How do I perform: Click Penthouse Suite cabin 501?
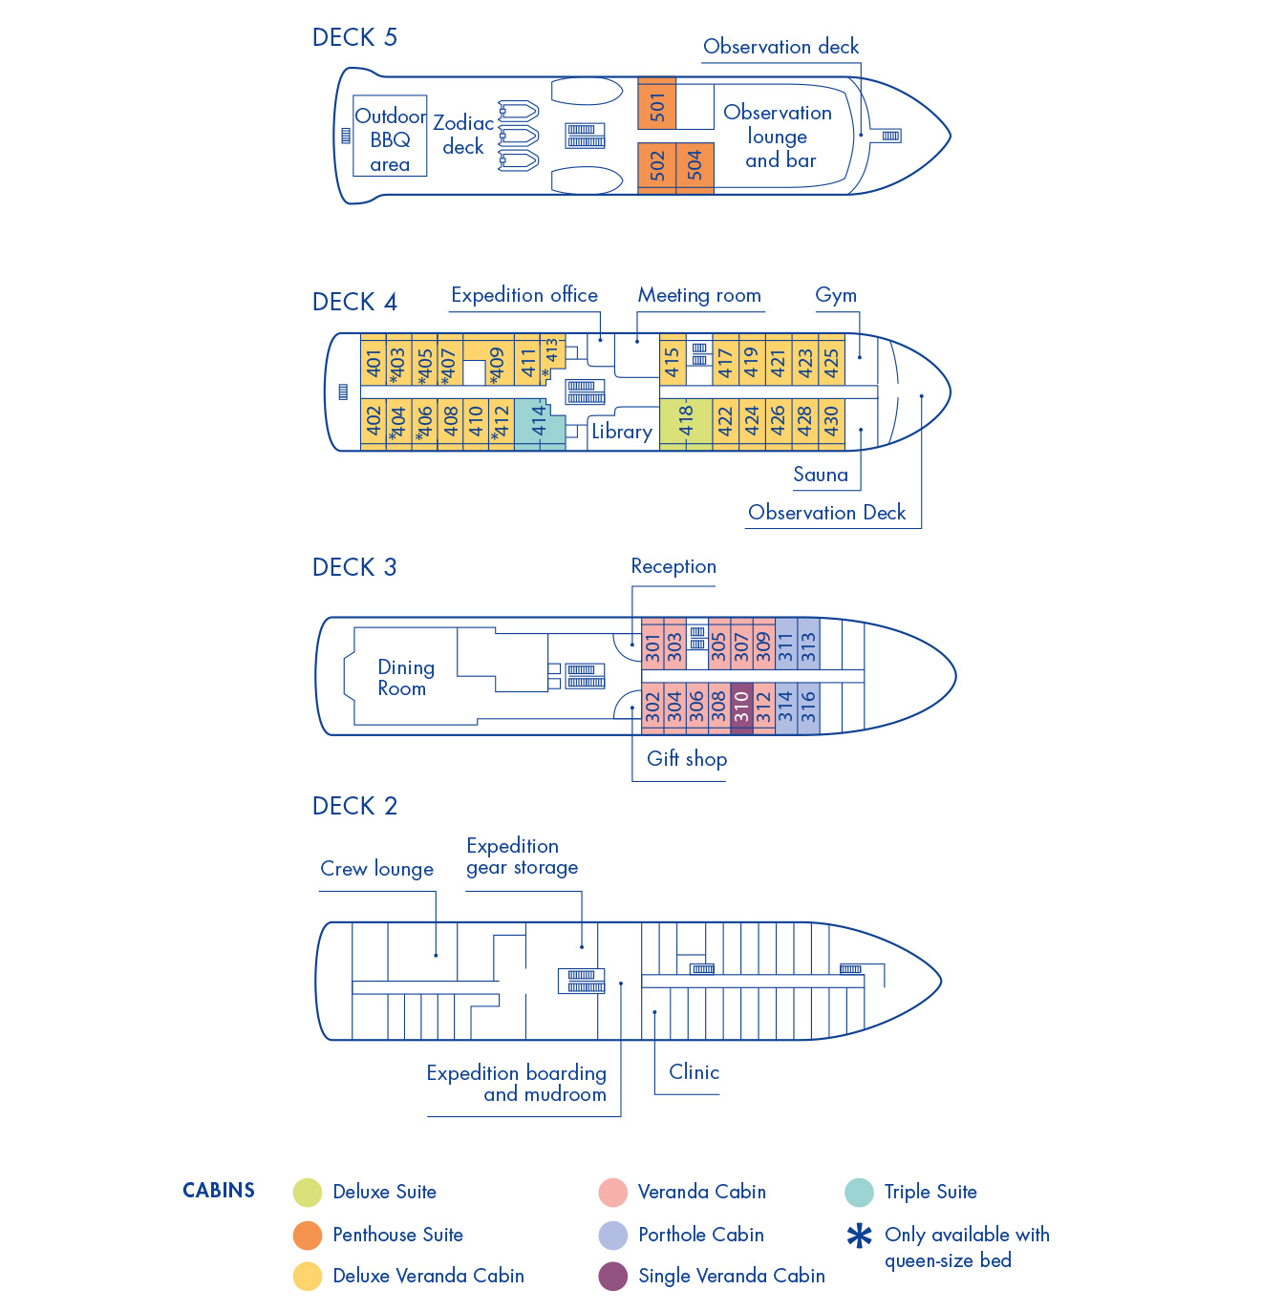657,104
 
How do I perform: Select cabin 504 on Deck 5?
695,167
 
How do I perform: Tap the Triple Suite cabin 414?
539,422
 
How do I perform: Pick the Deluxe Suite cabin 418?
686,422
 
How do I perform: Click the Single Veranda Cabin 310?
741,708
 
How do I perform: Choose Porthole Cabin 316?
808,708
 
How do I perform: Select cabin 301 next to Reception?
652,646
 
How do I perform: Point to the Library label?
621,432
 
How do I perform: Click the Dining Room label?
405,678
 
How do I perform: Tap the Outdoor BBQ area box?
390,137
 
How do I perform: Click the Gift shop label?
687,759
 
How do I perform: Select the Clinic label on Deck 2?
694,1072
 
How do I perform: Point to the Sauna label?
821,475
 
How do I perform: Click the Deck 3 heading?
354,567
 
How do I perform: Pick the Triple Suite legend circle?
859,1192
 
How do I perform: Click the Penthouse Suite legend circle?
308,1235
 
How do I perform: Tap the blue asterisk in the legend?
860,1237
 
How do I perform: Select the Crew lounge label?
376,869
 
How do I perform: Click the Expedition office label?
524,296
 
